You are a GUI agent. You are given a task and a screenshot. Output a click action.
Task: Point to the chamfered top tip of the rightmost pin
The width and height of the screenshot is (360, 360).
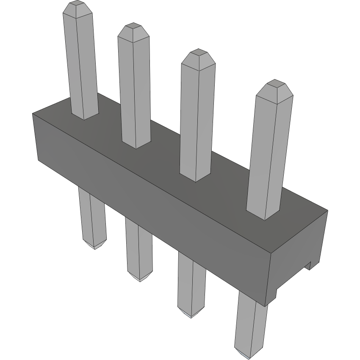point(276,88)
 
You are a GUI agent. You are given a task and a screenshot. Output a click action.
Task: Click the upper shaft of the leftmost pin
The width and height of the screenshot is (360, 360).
point(80,64)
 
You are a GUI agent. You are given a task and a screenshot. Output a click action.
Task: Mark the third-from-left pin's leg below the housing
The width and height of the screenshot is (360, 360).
point(191,284)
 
